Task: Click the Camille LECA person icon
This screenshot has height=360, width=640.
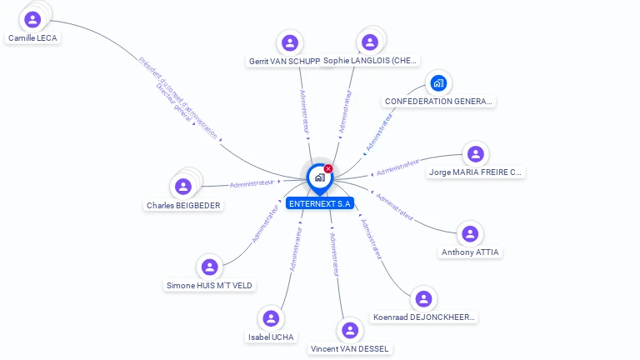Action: (x=32, y=19)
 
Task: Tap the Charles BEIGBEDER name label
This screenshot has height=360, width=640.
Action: (x=183, y=205)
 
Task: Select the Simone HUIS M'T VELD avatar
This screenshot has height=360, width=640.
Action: (x=209, y=267)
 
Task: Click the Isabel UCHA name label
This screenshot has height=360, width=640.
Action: (x=271, y=337)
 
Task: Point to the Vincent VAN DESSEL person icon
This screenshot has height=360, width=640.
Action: (x=349, y=331)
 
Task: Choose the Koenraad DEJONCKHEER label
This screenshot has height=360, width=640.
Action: (x=423, y=317)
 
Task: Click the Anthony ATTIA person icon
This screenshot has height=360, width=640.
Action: (x=470, y=234)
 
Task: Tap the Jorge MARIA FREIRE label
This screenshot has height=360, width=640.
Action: (x=475, y=172)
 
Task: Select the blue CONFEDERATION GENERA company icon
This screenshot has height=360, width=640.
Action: (x=438, y=83)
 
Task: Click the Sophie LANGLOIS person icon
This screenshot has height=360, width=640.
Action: (x=370, y=42)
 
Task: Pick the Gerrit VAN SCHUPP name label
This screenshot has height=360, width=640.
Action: (x=284, y=61)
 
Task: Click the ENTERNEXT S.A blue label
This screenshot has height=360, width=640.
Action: (x=319, y=203)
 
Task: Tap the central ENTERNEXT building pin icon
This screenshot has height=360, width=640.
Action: (x=319, y=177)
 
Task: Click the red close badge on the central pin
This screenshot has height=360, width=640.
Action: (x=328, y=168)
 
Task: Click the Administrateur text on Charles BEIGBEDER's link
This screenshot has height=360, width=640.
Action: (x=252, y=183)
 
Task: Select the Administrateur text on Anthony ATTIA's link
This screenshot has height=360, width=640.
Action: (x=395, y=208)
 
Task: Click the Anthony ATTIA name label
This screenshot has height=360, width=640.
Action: (x=471, y=252)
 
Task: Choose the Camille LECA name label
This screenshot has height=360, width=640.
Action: (x=32, y=38)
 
